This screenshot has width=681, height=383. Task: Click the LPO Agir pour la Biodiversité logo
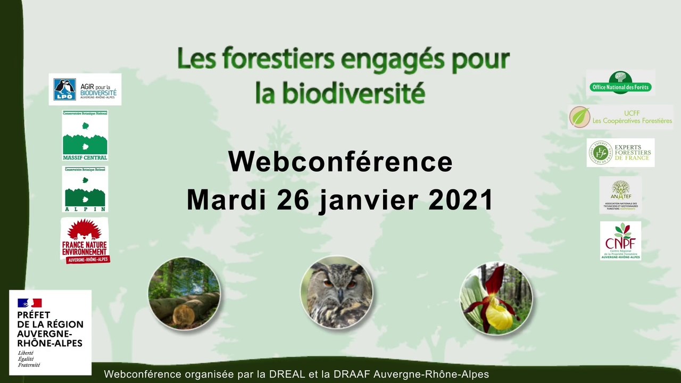coord(85,89)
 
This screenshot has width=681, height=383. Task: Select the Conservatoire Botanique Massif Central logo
coord(85,135)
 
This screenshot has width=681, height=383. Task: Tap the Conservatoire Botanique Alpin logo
coord(85,189)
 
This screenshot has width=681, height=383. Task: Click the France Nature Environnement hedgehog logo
coord(85,240)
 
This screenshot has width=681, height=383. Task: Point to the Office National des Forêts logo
coord(620,83)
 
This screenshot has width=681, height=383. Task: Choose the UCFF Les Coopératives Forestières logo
coord(620,117)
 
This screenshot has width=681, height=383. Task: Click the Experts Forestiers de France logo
coord(620,153)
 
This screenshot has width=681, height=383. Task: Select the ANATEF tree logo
coord(620,195)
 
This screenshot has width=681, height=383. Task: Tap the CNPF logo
coord(620,241)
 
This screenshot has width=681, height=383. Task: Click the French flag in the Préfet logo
coord(29,303)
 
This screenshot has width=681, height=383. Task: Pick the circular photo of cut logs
coord(184,293)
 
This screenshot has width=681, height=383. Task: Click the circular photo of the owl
coord(337,292)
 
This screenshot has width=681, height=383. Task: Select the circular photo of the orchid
coord(496,298)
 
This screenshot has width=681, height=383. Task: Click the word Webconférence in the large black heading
coord(340,162)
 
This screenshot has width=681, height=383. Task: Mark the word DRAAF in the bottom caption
coord(352,374)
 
